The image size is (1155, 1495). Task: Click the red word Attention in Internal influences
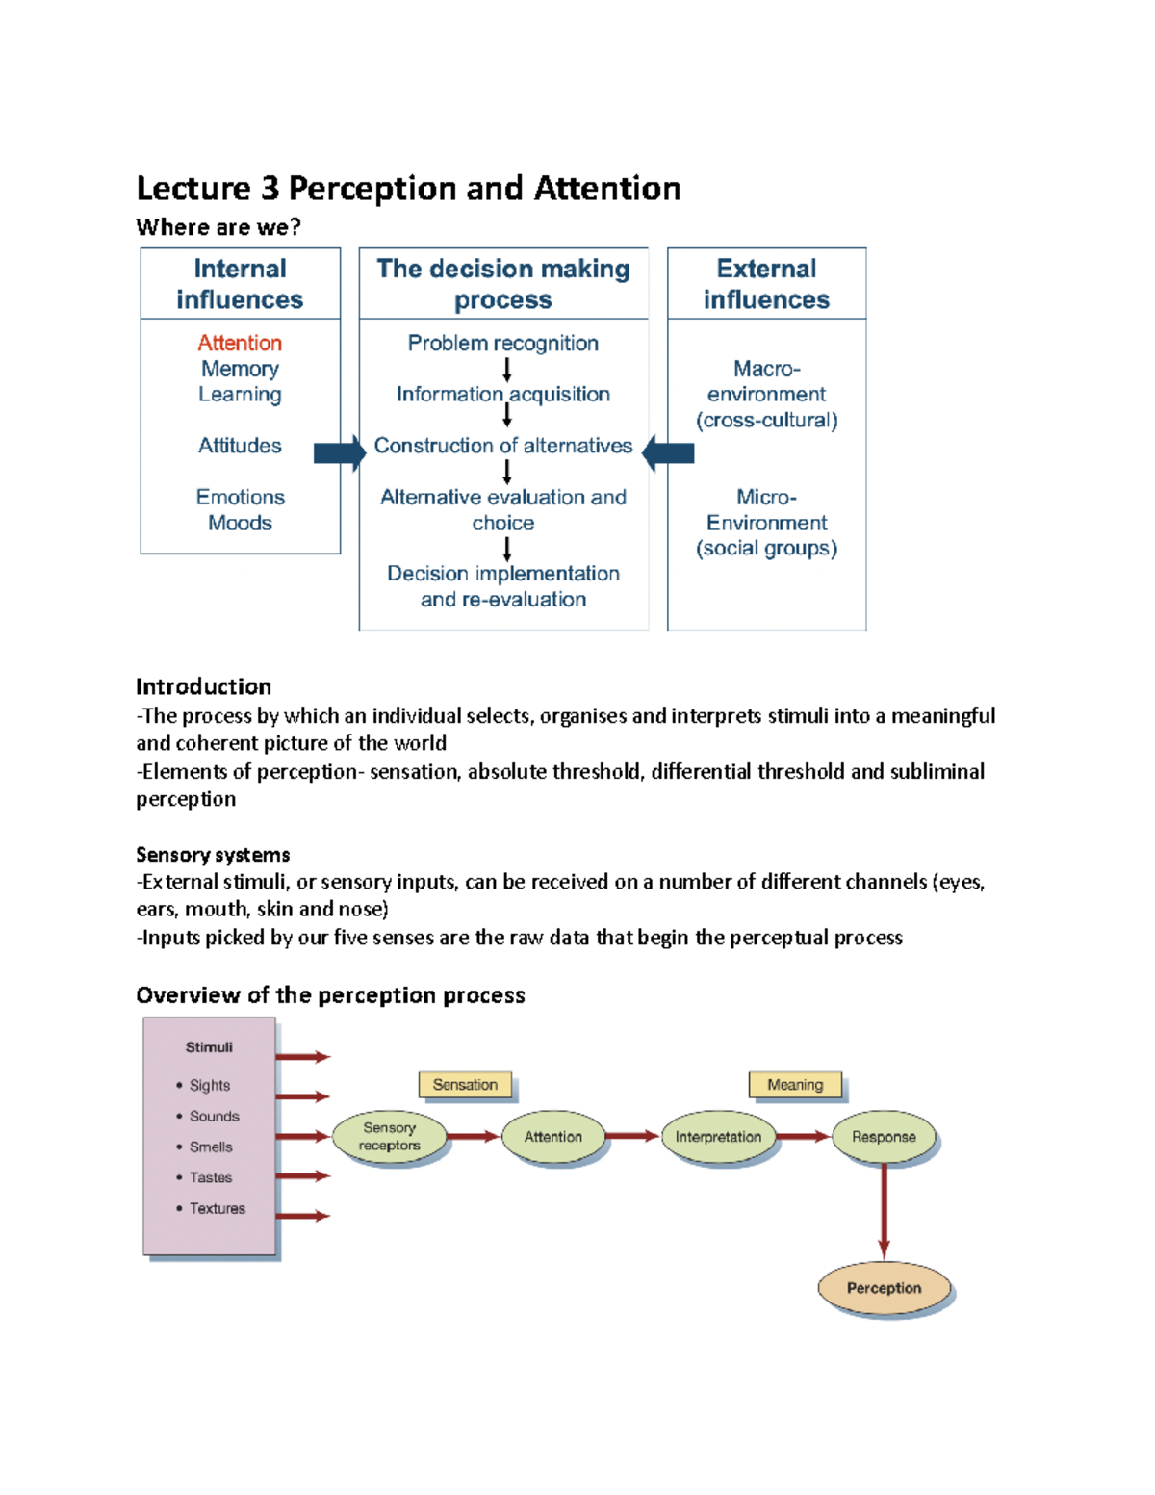click(240, 343)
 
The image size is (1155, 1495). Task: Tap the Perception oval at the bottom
click(884, 1288)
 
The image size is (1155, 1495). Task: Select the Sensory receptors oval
click(389, 1137)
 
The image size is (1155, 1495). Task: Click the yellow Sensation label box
click(465, 1085)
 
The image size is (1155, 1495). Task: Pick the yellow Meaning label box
click(795, 1085)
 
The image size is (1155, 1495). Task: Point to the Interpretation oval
click(718, 1137)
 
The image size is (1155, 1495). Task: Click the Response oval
click(884, 1137)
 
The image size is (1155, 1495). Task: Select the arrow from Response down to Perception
click(884, 1211)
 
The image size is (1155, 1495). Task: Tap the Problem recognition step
click(502, 343)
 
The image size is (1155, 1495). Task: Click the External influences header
click(766, 284)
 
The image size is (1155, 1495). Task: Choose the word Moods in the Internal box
click(240, 523)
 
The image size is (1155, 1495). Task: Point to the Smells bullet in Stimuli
click(211, 1147)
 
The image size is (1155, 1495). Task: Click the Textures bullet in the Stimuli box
click(217, 1208)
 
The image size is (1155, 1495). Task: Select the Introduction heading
click(203, 686)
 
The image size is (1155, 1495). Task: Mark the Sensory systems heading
click(213, 855)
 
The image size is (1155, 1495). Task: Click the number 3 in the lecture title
click(269, 189)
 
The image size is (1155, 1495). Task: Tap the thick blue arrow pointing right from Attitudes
click(339, 453)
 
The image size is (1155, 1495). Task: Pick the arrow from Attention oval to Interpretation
click(633, 1137)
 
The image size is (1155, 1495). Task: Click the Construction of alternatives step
click(502, 446)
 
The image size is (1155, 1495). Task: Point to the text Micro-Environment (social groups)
click(766, 523)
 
